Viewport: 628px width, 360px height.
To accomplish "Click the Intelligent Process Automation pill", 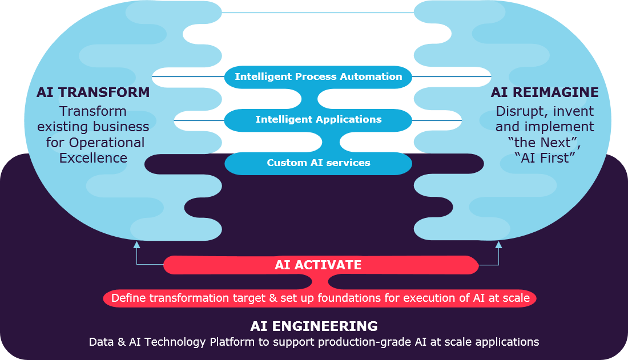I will coord(318,76).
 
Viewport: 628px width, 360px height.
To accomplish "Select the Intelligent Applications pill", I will coord(318,119).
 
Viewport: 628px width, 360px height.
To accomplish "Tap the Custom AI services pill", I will coord(318,163).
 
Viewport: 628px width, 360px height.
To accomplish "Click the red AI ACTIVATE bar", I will coord(318,265).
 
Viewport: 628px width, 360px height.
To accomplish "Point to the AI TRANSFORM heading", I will coord(93,92).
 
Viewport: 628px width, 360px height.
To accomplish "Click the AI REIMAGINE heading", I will coord(545,92).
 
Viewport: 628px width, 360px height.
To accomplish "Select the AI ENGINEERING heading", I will coord(314,326).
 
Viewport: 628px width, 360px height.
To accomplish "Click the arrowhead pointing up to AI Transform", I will coord(136,245).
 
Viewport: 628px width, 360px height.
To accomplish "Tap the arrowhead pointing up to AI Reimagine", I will coord(498,245).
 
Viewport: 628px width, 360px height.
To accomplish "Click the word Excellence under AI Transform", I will coord(94,158).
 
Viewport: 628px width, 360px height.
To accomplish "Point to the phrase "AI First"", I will coord(545,158).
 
